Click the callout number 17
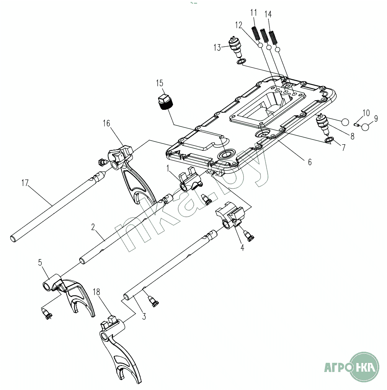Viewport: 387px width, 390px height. point(25,183)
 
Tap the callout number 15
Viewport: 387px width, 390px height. point(159,83)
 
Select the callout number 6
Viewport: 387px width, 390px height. point(309,162)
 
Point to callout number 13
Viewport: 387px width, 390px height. point(217,47)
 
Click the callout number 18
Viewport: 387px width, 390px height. point(97,292)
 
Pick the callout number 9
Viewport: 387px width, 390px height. point(376,119)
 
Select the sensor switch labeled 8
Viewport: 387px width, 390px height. point(322,124)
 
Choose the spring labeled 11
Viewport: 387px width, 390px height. point(255,33)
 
